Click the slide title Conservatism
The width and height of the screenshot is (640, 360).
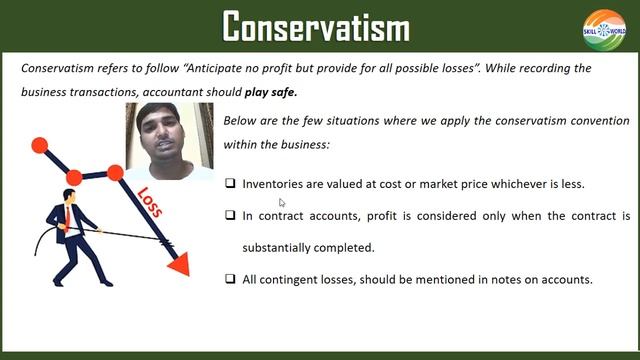tap(316, 26)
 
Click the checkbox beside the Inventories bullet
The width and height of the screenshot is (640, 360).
tap(231, 184)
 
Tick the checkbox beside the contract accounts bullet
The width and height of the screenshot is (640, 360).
tap(231, 215)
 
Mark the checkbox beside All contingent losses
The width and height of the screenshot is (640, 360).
tap(231, 279)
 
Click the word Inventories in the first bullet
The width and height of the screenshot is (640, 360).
tap(273, 184)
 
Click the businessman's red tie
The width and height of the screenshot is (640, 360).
tap(68, 214)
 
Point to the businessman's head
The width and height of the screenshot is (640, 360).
tap(71, 197)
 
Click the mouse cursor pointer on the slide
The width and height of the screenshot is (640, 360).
tap(283, 202)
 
